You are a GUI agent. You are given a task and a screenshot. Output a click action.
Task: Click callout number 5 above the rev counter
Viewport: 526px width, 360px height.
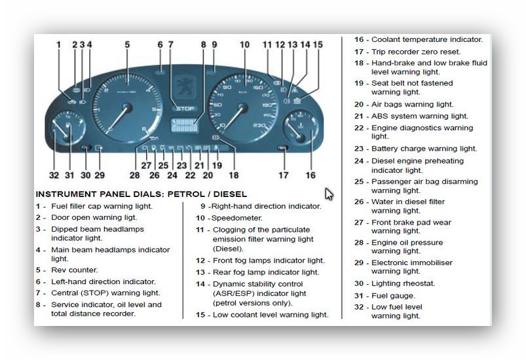coord(127,45)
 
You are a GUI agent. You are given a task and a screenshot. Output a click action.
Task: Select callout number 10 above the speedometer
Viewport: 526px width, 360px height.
coord(244,45)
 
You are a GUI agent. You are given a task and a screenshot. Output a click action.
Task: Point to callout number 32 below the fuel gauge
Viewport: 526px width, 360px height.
coord(54,175)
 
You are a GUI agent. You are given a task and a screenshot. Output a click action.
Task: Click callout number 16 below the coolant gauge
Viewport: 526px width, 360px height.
coord(310,175)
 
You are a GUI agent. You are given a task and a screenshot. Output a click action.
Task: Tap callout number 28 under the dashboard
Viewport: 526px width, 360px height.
coord(135,175)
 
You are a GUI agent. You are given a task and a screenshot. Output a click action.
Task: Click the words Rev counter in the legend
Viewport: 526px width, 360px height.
coord(75,270)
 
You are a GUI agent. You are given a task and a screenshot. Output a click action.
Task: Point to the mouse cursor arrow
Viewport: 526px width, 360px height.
coord(328,194)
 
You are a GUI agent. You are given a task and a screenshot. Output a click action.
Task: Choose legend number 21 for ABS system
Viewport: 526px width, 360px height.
coord(359,117)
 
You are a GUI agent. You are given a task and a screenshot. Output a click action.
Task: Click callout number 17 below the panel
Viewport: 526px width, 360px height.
coord(283,175)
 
